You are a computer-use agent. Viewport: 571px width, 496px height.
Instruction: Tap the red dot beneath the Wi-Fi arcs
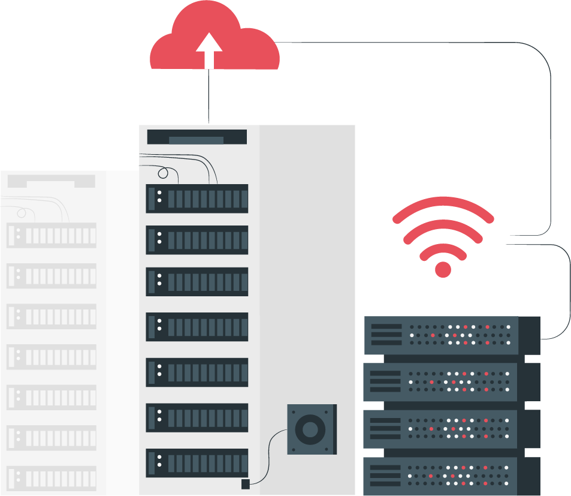(443, 269)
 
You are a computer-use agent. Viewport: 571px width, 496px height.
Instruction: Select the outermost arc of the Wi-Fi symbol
(443, 204)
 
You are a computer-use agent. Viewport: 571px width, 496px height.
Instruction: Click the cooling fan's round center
(310, 429)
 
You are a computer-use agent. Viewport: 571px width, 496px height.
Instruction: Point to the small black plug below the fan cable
(245, 484)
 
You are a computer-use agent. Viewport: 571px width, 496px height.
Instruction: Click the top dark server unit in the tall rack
(197, 199)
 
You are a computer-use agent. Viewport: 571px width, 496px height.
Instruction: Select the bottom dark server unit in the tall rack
(197, 462)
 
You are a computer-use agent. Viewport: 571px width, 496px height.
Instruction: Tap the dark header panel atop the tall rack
(197, 137)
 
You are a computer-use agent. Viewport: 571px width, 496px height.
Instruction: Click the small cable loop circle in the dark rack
(163, 174)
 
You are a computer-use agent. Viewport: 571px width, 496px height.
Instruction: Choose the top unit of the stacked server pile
(452, 335)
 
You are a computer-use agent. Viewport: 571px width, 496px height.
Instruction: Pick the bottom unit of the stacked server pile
(452, 476)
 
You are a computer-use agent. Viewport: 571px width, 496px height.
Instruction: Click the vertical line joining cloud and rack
(209, 96)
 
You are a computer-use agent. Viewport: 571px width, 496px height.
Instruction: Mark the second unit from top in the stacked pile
(452, 381)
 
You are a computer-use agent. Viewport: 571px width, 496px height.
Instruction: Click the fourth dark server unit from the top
(197, 327)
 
